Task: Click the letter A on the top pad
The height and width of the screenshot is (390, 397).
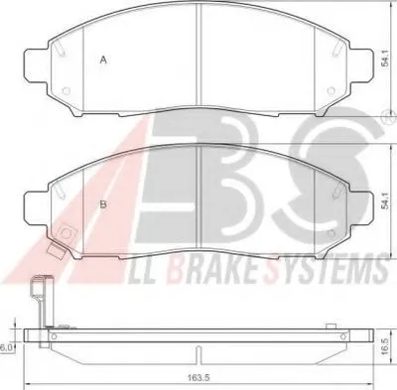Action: click(x=103, y=60)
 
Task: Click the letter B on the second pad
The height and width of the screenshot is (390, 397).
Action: click(x=103, y=204)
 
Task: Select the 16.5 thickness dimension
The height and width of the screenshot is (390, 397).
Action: click(x=385, y=347)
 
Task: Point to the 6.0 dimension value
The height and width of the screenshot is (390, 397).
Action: click(x=6, y=348)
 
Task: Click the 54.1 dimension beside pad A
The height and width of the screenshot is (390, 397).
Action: click(x=385, y=60)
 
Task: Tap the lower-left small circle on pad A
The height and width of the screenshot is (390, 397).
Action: click(x=66, y=90)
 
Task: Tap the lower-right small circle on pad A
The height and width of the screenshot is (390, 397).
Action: click(x=331, y=90)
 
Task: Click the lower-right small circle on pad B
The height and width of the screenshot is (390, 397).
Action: click(x=331, y=233)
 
